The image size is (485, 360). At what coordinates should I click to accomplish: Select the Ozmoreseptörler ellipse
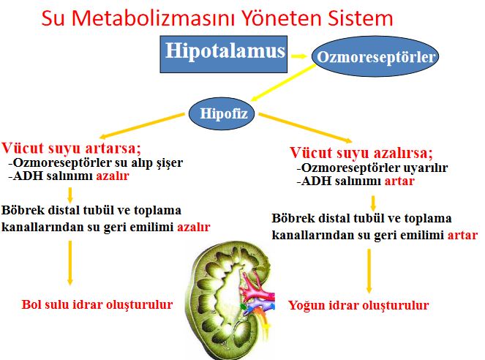(375, 57)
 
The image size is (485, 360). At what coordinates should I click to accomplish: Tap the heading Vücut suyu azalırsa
(360, 153)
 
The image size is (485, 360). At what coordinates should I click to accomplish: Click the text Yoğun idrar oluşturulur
(358, 305)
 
